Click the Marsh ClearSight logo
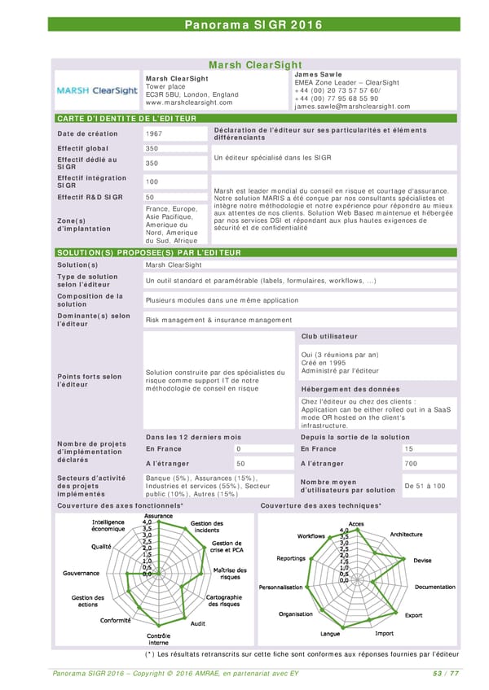point(97,90)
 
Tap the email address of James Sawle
point(352,107)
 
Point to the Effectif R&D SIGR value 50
point(149,197)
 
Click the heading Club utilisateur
point(329,336)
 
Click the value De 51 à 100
point(425,486)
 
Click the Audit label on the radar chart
point(197,623)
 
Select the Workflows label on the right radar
point(311,535)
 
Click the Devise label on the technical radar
point(423,560)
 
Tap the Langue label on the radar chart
point(330,634)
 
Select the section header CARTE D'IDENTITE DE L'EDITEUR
point(126,119)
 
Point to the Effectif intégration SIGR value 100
point(152,181)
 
